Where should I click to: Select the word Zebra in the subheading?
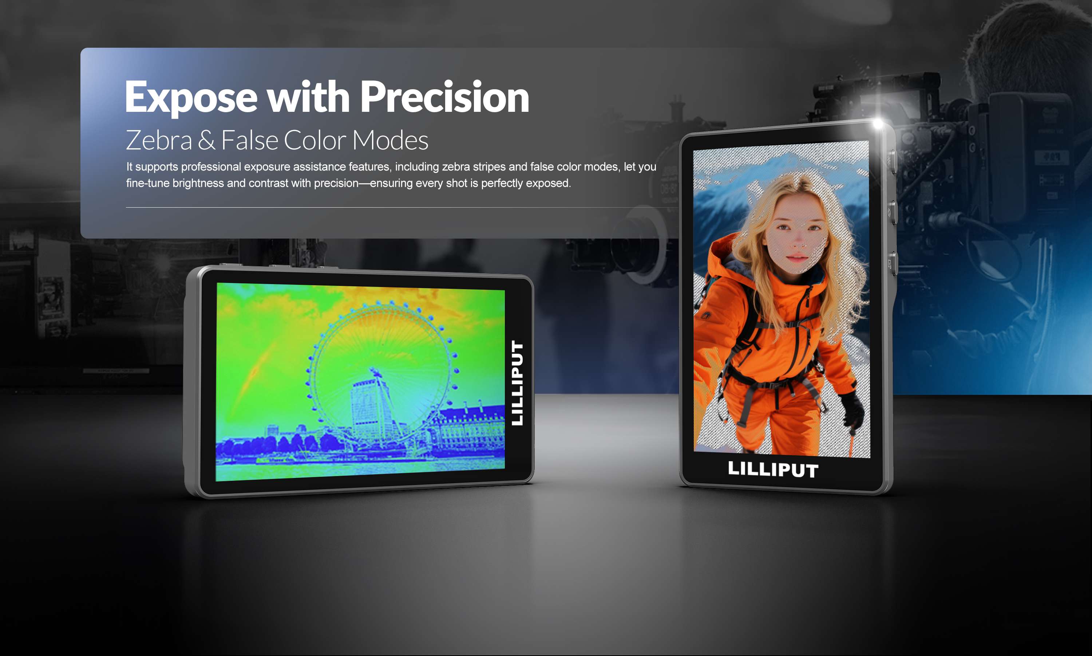tap(159, 140)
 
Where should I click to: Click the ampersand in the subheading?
tap(207, 140)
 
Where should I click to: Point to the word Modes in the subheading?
tap(390, 140)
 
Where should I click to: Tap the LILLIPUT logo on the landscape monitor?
tap(517, 383)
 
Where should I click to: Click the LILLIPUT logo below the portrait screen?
tap(773, 470)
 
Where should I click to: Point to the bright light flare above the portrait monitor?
tap(877, 123)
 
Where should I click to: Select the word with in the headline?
tap(309, 97)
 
